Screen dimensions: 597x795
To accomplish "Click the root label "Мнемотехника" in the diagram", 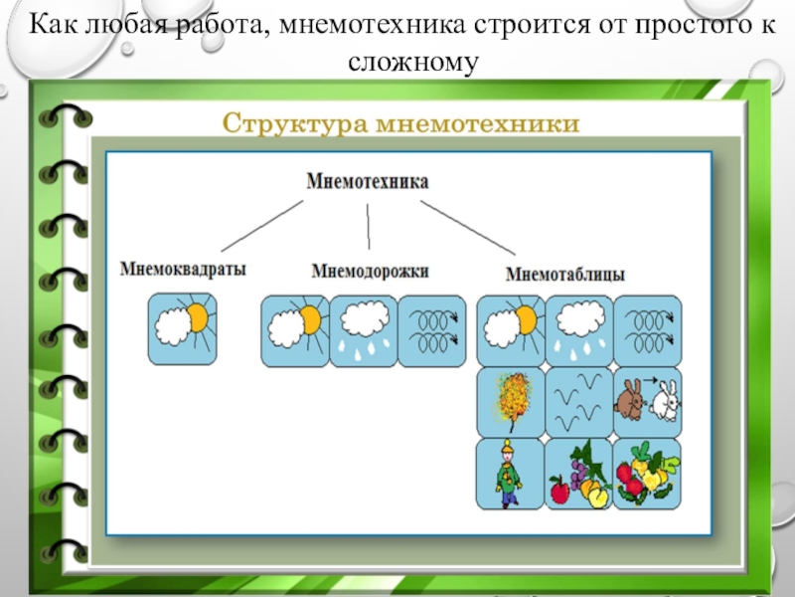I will pos(368,183).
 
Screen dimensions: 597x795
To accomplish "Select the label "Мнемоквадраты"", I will pos(183,269).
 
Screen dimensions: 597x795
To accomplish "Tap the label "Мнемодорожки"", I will pos(370,271).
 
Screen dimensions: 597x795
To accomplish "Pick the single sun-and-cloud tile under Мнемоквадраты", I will pos(181,327).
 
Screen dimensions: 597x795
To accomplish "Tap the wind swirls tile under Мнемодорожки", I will pos(430,329).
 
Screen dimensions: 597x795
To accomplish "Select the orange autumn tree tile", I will pos(511,401).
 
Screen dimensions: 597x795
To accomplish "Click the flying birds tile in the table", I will pos(578,401).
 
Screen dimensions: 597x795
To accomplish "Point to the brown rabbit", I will pos(630,400).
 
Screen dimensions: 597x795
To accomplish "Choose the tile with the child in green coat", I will pos(511,473).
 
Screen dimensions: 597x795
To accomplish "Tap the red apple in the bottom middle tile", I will pos(559,490).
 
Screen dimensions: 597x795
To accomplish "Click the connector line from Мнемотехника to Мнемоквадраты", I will pos(261,224).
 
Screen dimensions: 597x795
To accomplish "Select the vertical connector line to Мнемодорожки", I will pos(369,226).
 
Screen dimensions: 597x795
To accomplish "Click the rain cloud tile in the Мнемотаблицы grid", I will pos(578,329).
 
